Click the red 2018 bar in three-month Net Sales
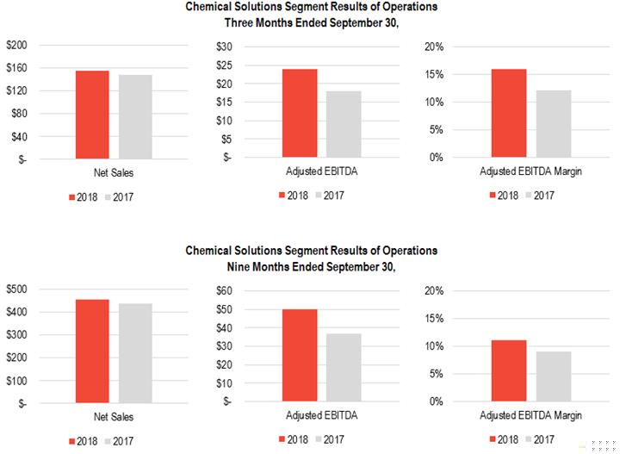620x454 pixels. pyautogui.click(x=92, y=115)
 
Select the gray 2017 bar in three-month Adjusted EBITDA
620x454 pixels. pyautogui.click(x=344, y=124)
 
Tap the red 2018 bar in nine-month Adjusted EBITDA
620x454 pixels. pyautogui.click(x=300, y=355)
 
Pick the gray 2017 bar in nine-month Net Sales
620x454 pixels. pyautogui.click(x=135, y=353)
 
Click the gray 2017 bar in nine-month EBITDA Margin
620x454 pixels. pyautogui.click(x=554, y=376)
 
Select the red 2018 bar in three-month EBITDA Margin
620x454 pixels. pyautogui.click(x=509, y=113)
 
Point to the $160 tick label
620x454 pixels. pyautogui.click(x=17, y=68)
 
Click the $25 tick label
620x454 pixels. pyautogui.click(x=224, y=65)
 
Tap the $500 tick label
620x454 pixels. pyautogui.click(x=17, y=289)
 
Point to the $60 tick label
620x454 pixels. pyautogui.click(x=224, y=290)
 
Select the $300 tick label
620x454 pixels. pyautogui.click(x=17, y=335)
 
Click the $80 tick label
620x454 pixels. pyautogui.click(x=20, y=114)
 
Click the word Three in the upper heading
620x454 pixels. pyautogui.click(x=239, y=23)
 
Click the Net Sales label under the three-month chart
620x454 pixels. pyautogui.click(x=114, y=173)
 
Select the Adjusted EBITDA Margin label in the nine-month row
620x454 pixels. pyautogui.click(x=530, y=415)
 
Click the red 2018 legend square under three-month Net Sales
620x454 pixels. pyautogui.click(x=72, y=197)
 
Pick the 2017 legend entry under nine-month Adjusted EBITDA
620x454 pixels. pyautogui.click(x=330, y=439)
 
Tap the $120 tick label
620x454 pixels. pyautogui.click(x=17, y=91)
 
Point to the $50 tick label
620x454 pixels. pyautogui.click(x=224, y=309)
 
